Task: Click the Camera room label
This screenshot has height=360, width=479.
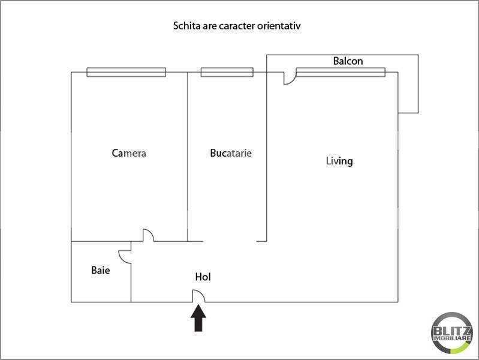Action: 129,153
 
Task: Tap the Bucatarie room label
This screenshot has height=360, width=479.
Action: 231,153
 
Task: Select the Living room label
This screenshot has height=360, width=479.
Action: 339,161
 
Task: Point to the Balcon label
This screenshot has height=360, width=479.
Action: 348,61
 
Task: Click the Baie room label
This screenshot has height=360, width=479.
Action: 101,270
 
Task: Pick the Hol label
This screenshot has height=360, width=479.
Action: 203,277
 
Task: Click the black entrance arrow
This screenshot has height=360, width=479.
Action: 198,318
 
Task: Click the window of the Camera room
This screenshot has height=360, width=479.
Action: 126,72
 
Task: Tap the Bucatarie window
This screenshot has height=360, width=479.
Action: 227,72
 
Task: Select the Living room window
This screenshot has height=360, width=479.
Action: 341,72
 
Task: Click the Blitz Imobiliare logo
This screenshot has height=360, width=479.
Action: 452,333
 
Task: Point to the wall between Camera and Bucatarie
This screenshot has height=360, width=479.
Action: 187,157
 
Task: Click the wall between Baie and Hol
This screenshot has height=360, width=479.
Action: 131,283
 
